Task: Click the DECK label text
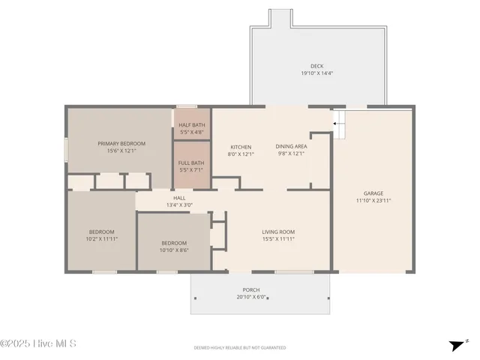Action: pyautogui.click(x=316, y=66)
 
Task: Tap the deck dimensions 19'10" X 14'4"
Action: pyautogui.click(x=316, y=73)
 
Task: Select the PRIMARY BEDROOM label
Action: pyautogui.click(x=121, y=143)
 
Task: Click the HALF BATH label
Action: pyautogui.click(x=192, y=124)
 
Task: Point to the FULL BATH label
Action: pyautogui.click(x=191, y=163)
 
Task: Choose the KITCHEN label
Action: pyautogui.click(x=241, y=147)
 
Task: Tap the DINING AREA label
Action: pyautogui.click(x=290, y=147)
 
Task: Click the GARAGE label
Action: pyautogui.click(x=373, y=193)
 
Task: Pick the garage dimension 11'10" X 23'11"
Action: pyautogui.click(x=373, y=200)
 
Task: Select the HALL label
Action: pyautogui.click(x=179, y=198)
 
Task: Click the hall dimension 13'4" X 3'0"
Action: pyautogui.click(x=179, y=205)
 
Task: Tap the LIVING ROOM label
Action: pyautogui.click(x=278, y=232)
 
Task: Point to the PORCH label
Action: pyautogui.click(x=251, y=289)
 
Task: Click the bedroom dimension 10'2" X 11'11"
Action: pyautogui.click(x=102, y=238)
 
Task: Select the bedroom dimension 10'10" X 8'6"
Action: pyautogui.click(x=174, y=250)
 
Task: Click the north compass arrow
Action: pyautogui.click(x=457, y=345)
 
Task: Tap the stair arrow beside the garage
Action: pyautogui.click(x=338, y=121)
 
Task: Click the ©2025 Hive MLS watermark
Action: pyautogui.click(x=38, y=344)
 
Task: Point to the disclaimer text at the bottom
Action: pyautogui.click(x=240, y=348)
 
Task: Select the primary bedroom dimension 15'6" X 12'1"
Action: pyautogui.click(x=121, y=151)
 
